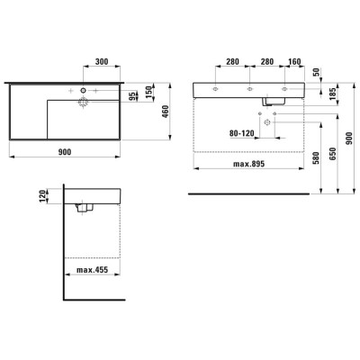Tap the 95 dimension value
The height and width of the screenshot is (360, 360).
pos(132,97)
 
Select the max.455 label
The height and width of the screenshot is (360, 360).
pos(93,270)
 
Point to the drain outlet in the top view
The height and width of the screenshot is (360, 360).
pos(83,103)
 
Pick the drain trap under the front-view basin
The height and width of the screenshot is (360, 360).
pos(268,101)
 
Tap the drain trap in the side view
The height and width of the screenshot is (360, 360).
pos(86,208)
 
